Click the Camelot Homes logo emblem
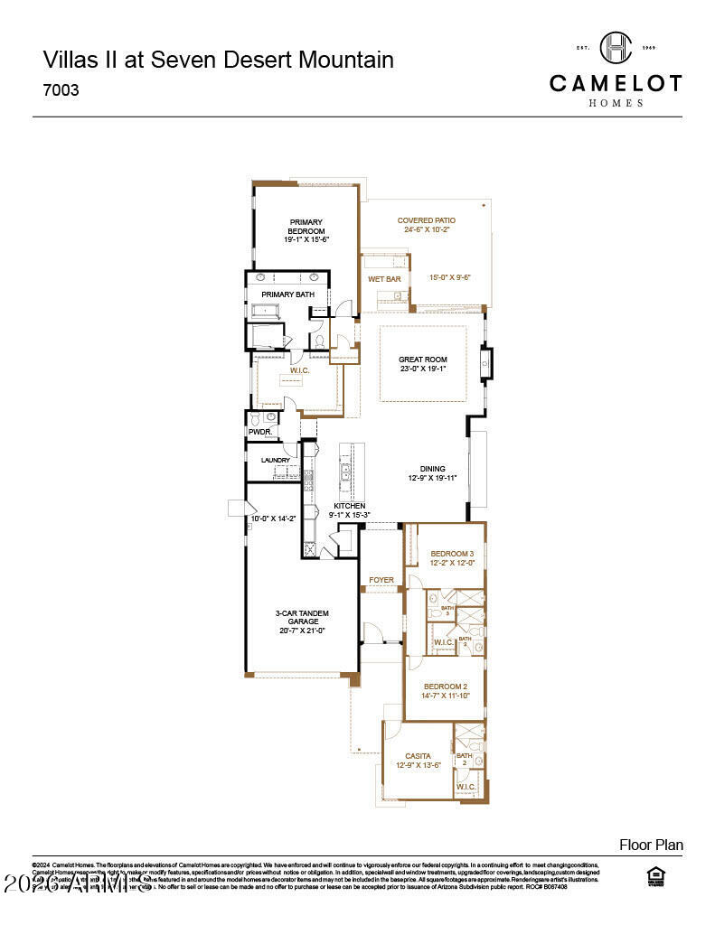pos(616,47)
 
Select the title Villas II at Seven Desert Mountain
pos(218,61)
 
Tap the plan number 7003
pos(61,90)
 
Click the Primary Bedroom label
pos(306,227)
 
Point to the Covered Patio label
pos(427,220)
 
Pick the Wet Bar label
pos(384,279)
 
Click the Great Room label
pos(423,360)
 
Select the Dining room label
pos(432,469)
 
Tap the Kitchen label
pos(349,506)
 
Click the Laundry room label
pos(276,460)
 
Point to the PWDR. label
pos(260,432)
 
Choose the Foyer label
pos(381,580)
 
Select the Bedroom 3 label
pos(452,554)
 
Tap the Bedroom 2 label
pos(446,686)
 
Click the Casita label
pos(418,755)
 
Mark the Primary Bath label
pos(287,294)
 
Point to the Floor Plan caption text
pos(651,845)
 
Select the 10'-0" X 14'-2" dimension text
pos(274,519)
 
